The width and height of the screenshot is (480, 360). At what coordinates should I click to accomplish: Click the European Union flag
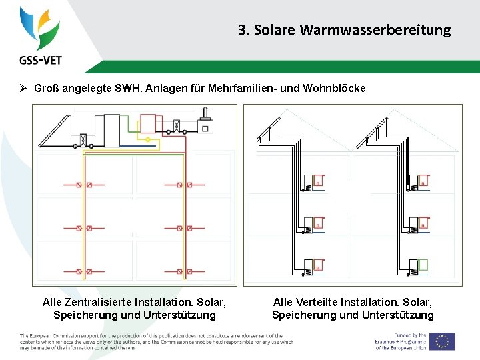[x=442, y=341]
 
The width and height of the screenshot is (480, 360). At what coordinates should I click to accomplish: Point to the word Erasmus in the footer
[x=389, y=341]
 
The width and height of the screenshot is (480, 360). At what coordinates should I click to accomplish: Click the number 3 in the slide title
[x=242, y=30]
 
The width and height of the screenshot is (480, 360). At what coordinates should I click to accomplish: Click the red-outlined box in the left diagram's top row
[x=147, y=123]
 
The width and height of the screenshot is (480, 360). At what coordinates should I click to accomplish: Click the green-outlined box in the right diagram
[x=422, y=265]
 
